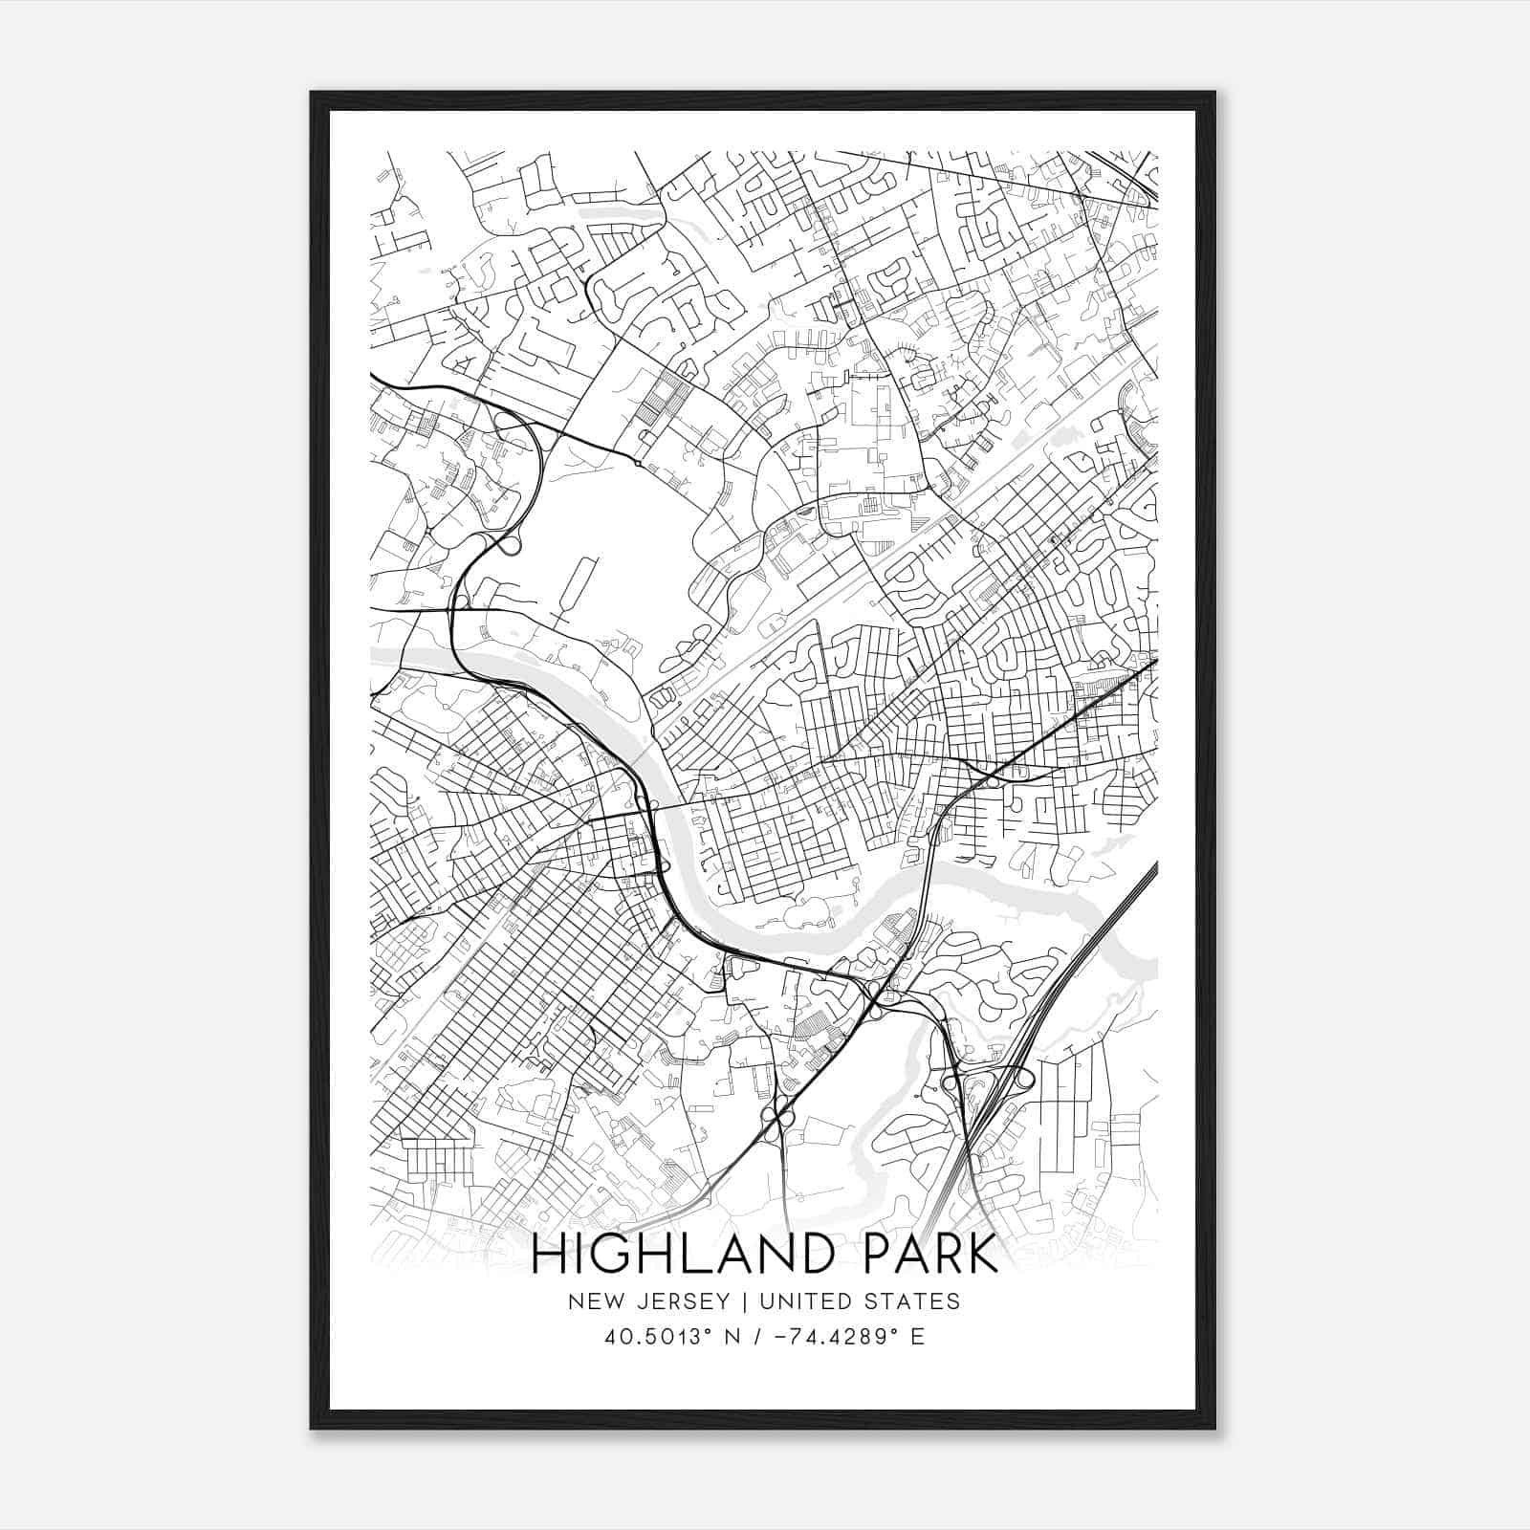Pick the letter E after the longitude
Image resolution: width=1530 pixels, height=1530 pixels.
point(918,1337)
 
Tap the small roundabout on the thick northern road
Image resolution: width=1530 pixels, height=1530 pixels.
point(637,464)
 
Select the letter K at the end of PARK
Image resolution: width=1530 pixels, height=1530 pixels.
point(982,1256)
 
